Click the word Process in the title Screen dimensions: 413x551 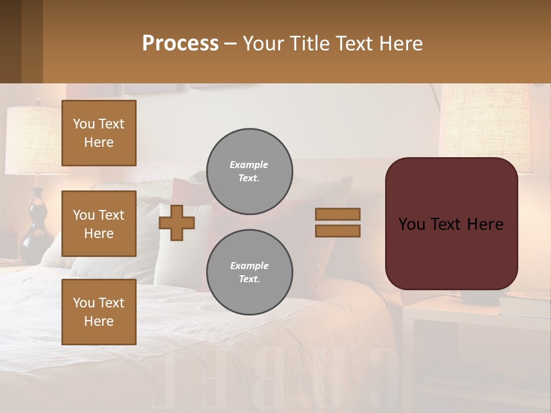[x=180, y=43]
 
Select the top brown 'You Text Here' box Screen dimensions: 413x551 [x=99, y=133]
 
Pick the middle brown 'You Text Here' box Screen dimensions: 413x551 [x=99, y=224]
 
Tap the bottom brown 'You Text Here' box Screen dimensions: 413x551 [x=99, y=312]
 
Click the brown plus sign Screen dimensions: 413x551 [x=177, y=223]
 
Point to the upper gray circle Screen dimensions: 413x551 [x=249, y=172]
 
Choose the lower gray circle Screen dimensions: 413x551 [x=249, y=272]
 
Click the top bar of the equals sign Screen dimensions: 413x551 [x=337, y=214]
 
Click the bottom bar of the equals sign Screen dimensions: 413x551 [x=337, y=231]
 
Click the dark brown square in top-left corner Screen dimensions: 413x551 [x=21, y=41]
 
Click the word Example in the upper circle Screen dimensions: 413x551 [x=249, y=165]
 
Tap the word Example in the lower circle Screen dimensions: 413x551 [x=249, y=266]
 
